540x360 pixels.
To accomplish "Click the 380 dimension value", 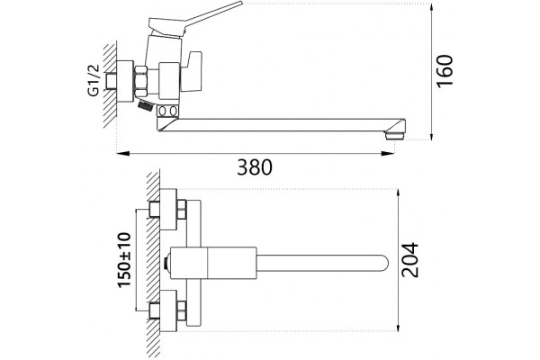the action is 255,167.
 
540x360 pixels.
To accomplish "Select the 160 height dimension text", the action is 445,70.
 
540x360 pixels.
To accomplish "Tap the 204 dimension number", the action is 410,260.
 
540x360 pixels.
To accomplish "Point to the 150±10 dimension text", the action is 125,260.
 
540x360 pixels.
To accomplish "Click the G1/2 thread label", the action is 94,80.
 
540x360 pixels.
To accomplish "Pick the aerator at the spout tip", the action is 395,135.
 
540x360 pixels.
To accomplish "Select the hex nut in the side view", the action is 141,81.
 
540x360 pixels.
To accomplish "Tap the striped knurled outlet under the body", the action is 145,105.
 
